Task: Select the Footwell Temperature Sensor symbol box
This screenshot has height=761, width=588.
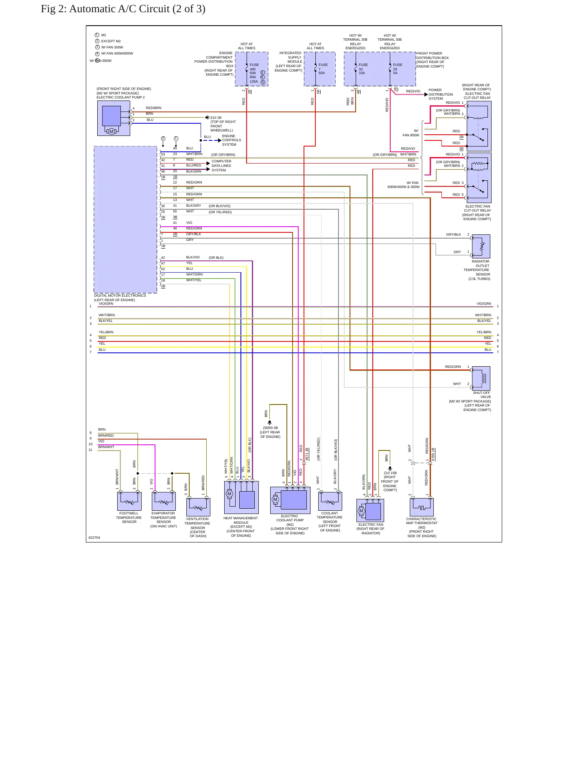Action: [129, 501]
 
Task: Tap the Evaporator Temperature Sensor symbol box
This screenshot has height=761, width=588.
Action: [164, 501]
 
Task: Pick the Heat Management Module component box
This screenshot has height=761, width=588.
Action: [241, 497]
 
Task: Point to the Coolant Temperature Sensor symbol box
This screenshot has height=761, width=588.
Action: [330, 501]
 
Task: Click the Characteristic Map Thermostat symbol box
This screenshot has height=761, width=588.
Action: [422, 507]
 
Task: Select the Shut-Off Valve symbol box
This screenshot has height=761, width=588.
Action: [481, 378]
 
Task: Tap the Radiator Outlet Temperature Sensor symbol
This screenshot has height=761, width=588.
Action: [481, 246]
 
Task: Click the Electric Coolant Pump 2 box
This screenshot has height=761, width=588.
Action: [114, 118]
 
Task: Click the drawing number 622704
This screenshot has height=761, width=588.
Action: [94, 538]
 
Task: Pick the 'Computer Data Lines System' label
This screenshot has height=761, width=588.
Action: [221, 166]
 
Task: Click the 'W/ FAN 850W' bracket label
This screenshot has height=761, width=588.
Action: [411, 133]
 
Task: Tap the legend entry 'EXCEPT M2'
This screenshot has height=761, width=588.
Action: [111, 41]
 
